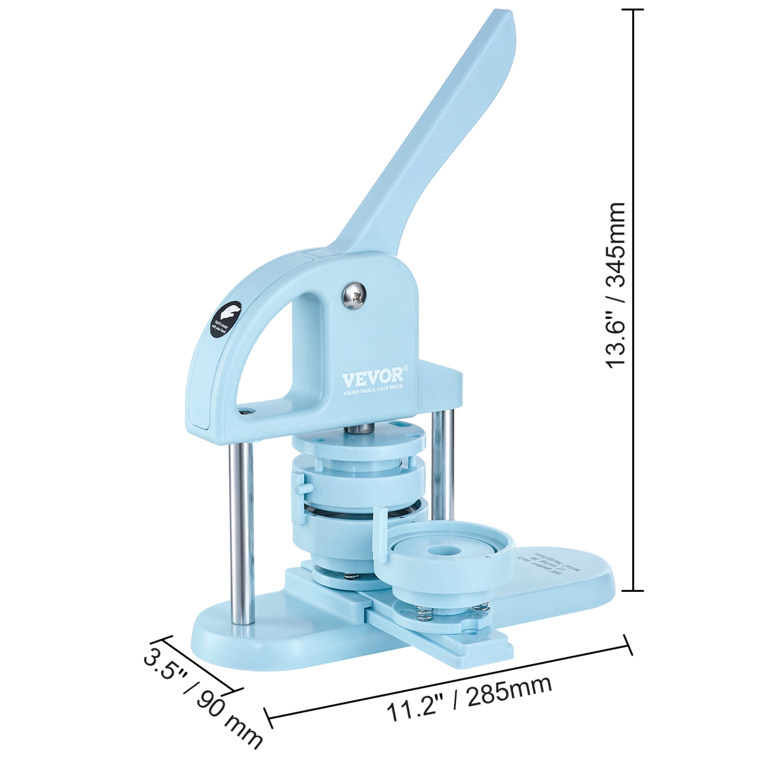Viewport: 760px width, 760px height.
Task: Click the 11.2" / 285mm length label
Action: point(469,698)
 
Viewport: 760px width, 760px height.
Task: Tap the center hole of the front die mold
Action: point(437,551)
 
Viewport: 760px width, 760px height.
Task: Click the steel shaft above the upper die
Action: point(358,429)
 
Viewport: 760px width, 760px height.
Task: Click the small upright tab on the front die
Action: point(377,527)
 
